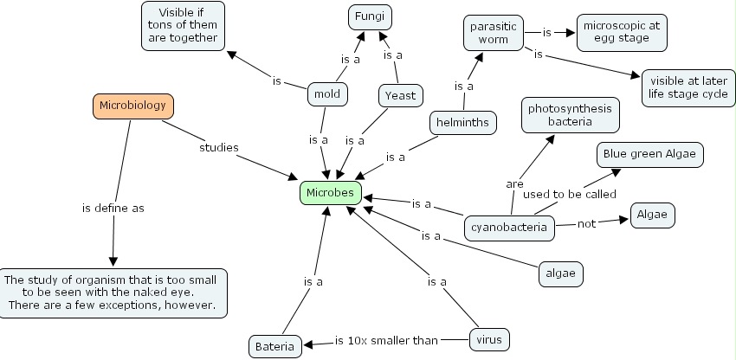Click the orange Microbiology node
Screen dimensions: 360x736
pos(133,106)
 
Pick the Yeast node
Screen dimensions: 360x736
pos(400,96)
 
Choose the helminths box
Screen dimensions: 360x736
pos(464,123)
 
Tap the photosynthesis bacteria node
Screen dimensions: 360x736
pos(570,115)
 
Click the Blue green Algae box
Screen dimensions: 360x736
pos(649,154)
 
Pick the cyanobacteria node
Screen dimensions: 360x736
pos(508,228)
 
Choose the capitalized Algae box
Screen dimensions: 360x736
pos(651,215)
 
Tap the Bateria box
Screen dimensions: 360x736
pos(275,347)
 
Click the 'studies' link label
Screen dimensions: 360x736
pos(219,147)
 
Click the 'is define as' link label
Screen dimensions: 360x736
pos(113,209)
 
